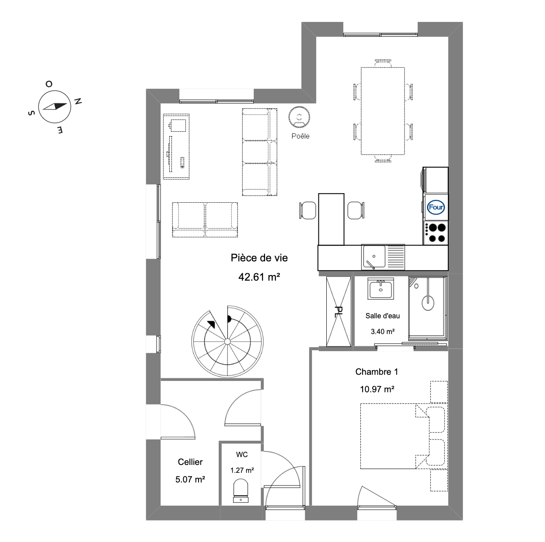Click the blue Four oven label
click(436, 207)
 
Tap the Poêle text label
click(300, 136)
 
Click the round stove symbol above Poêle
click(299, 116)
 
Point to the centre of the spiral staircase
click(227, 341)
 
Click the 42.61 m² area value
click(259, 277)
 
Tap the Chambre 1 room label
click(377, 372)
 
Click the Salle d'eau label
click(383, 316)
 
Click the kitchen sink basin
click(374, 257)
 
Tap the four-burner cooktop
click(436, 233)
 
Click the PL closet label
click(339, 311)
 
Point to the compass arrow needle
click(55, 106)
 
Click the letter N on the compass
click(78, 101)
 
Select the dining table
click(383, 111)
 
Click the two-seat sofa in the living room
click(205, 220)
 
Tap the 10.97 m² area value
click(377, 389)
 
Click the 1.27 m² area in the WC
click(242, 470)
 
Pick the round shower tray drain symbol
click(428, 303)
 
